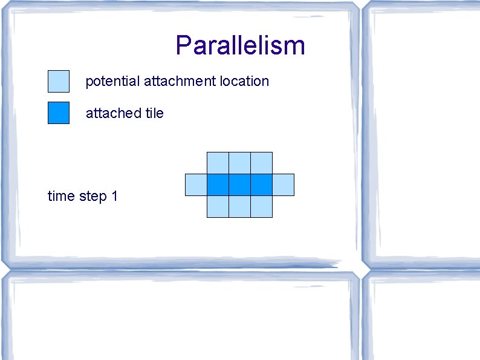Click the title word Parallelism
pos(240,46)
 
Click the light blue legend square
pos(59,81)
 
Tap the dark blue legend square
pos(59,113)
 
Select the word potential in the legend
pos(113,81)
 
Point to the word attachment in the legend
pos(177,81)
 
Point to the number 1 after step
pos(114,196)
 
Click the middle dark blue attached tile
pos(239,185)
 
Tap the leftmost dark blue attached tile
pos(218,185)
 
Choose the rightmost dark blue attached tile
pos(261,185)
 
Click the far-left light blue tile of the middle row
pos(196,185)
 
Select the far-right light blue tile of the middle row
pos(283,185)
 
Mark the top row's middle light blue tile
pos(239,163)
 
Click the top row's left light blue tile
pos(218,163)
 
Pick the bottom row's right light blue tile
pos(261,206)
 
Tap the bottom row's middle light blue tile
pos(239,206)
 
